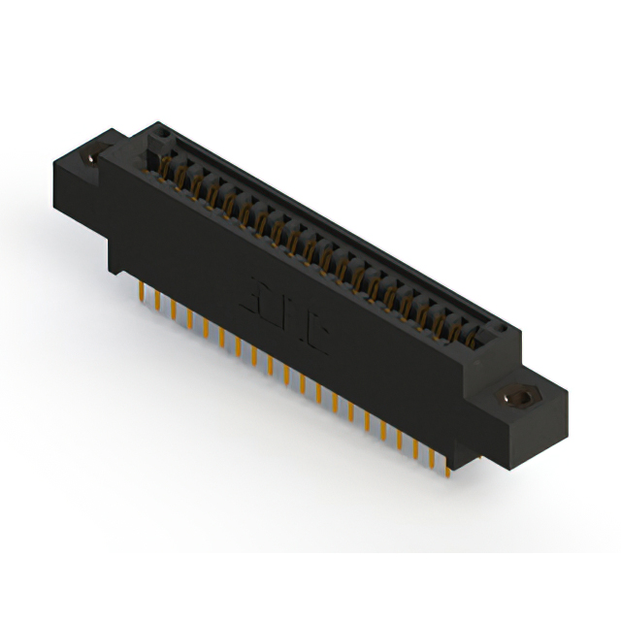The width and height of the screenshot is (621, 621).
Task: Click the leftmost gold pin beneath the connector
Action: pyautogui.click(x=143, y=291)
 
